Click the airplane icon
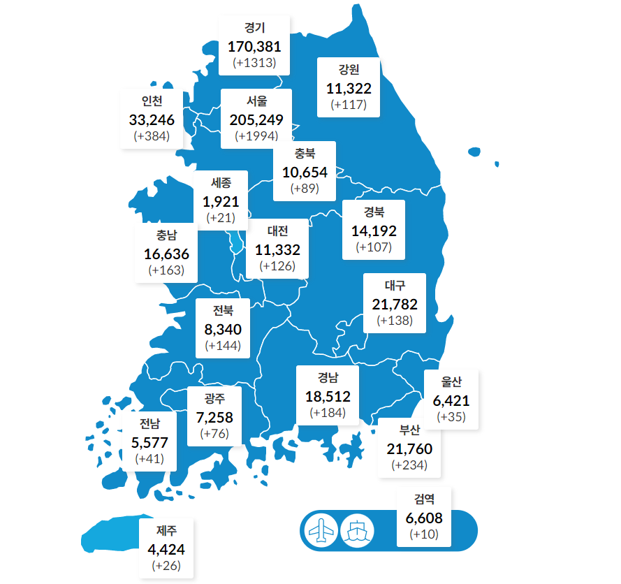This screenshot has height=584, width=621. coord(321,531)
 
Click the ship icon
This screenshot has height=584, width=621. coord(357,531)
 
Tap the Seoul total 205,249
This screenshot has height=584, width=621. coord(256,119)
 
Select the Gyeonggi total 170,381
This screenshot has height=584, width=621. coord(254,46)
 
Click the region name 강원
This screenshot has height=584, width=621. coord(349,70)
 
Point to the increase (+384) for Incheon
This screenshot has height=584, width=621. coord(152,136)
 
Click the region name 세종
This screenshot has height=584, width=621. coord(221,183)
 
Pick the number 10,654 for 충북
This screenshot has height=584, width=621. coord(305,171)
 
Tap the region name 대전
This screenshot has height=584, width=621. coord(277,231)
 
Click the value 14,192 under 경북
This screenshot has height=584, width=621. coord(374,231)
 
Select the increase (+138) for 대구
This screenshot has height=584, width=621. coord(395,321)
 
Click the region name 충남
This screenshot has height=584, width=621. coord(166,235)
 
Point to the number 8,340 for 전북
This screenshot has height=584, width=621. coord(223,329)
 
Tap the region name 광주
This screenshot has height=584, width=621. coord(214,400)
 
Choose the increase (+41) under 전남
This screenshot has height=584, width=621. coord(149,459)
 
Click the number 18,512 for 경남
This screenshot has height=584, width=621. coord(328,397)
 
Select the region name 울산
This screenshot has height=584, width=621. coord(451,382)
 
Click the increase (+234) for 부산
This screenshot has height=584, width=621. coord(409,465)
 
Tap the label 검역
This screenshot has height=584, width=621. coord(424,499)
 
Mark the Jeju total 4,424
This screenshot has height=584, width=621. coord(166,549)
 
